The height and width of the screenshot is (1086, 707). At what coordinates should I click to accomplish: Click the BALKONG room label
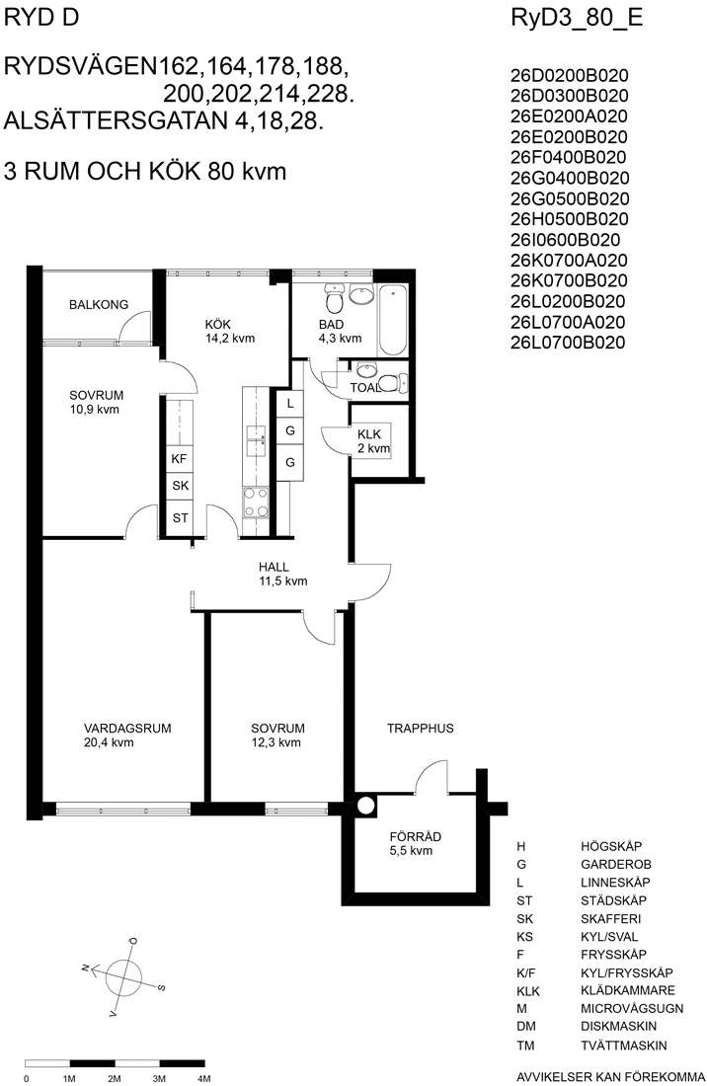[x=99, y=304]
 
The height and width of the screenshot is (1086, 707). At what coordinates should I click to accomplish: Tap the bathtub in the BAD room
[x=392, y=319]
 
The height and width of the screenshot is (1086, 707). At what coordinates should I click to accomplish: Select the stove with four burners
[x=256, y=503]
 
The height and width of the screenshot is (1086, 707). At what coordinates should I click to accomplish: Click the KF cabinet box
[x=180, y=458]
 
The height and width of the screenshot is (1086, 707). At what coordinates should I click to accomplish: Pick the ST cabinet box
[x=180, y=517]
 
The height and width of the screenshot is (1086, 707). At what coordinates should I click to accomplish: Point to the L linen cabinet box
[x=290, y=403]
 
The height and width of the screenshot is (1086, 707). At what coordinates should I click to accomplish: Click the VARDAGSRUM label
[x=127, y=729]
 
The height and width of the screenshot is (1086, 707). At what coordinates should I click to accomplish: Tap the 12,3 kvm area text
[x=276, y=743]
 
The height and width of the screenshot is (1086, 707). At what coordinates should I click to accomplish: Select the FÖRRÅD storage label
[x=416, y=836]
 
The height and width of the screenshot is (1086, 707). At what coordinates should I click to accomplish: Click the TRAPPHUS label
[x=421, y=729]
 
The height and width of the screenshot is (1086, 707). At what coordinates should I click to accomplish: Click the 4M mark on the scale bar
[x=204, y=1078]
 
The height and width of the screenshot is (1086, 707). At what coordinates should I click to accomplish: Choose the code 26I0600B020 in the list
[x=565, y=240]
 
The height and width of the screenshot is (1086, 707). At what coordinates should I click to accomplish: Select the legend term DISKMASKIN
[x=619, y=1027]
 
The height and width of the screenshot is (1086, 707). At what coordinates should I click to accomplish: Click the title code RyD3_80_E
[x=577, y=18]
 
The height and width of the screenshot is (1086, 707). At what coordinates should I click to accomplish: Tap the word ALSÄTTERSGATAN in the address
[x=116, y=121]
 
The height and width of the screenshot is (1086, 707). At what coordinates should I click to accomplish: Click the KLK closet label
[x=369, y=434]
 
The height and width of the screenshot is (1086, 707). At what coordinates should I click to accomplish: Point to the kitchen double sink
[x=256, y=440]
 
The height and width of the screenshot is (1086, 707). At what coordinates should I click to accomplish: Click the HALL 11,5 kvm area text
[x=283, y=582]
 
